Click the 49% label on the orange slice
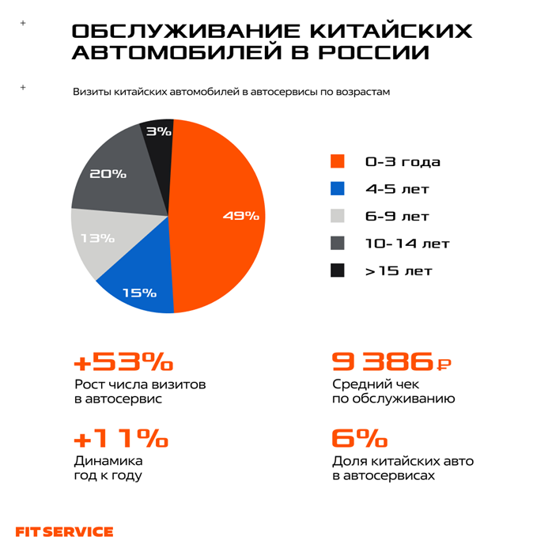pos(240,215)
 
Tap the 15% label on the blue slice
pos(139,293)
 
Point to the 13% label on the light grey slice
pos(97,237)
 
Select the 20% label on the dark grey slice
pos(108,173)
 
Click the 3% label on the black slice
pos(159,131)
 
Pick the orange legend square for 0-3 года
pos(338,161)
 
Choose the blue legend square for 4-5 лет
pos(338,189)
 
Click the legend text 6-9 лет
pos(397,216)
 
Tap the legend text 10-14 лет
pos(406,244)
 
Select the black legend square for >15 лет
pos(338,270)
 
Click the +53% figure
pos(123,362)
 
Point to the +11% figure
pos(120,438)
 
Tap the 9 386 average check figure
pos(383,363)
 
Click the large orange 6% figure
pos(360,438)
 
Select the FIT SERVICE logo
pos(64,531)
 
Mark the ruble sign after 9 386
pos(444,365)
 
